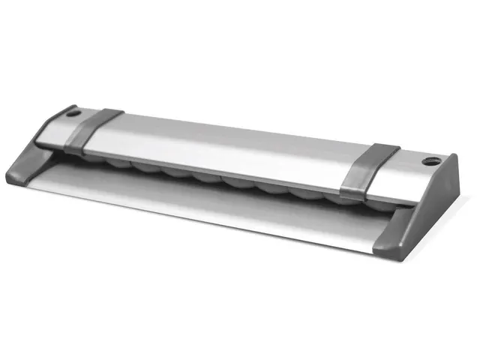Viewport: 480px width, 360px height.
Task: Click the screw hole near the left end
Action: click(73, 115)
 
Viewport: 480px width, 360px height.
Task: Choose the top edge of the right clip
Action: click(375, 146)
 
